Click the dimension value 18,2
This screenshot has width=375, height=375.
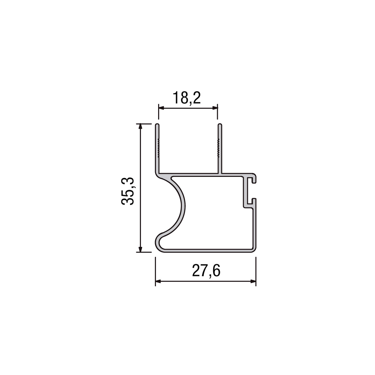(187, 98)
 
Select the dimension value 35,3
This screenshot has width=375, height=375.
(127, 191)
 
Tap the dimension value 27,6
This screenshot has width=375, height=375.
(206, 271)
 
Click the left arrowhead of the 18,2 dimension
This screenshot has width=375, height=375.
(161, 108)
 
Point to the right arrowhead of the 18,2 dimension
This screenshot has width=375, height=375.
(215, 108)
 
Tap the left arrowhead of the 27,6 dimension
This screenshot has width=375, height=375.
(158, 281)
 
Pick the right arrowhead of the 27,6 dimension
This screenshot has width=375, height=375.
(253, 281)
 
